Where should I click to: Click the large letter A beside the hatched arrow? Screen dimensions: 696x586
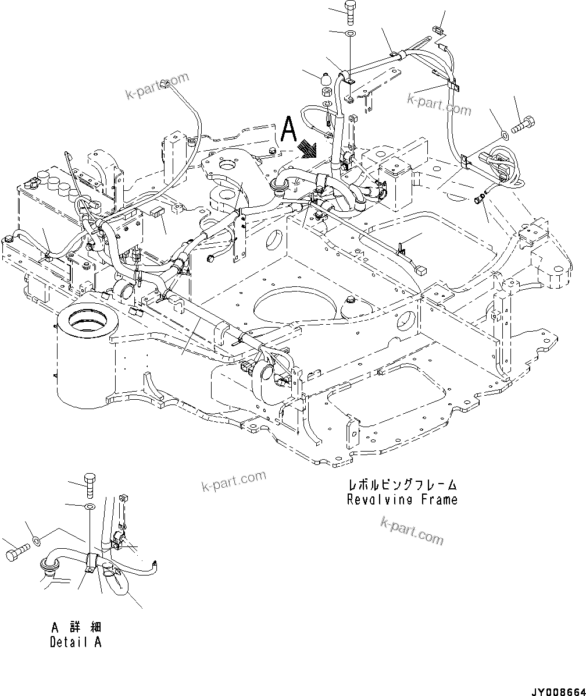288,129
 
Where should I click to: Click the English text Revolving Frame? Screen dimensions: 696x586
402,499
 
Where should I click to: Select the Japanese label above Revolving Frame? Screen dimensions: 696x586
402,485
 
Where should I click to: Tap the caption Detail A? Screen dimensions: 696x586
76,642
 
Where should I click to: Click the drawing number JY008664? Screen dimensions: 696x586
556,691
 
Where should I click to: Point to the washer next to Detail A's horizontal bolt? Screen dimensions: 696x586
37,542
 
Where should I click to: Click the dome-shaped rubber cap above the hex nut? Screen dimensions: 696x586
326,77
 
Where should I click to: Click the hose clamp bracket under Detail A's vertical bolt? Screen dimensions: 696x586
91,563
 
